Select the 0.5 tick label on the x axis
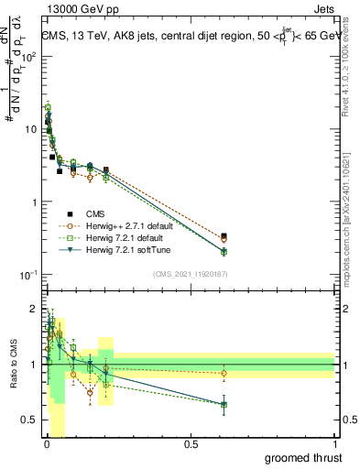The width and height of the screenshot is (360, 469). click(191, 444)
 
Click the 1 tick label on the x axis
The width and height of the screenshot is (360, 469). click(335, 444)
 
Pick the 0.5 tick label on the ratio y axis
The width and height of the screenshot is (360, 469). click(28, 420)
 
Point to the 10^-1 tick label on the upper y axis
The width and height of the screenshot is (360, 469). click(27, 275)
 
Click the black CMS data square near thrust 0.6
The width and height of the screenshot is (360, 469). click(224, 235)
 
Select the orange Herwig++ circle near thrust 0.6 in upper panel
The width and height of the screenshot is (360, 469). click(224, 240)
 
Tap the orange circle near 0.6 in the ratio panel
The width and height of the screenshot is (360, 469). click(224, 373)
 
